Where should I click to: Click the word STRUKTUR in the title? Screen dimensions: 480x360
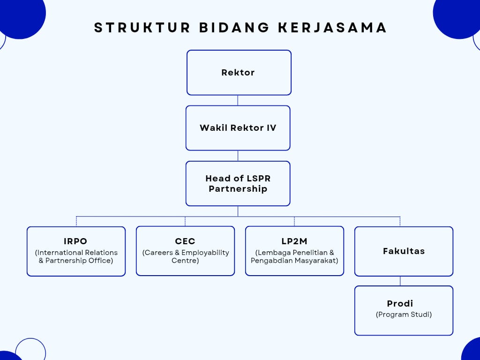pyautogui.click(x=142, y=28)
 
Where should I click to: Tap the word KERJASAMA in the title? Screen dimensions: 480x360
pyautogui.click(x=332, y=28)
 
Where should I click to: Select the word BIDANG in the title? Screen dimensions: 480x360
pyautogui.click(x=234, y=28)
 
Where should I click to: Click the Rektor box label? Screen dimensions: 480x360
pyautogui.click(x=238, y=73)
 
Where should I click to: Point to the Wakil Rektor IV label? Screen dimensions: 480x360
pyautogui.click(x=238, y=127)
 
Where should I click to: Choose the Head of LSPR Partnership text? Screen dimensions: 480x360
pyautogui.click(x=238, y=183)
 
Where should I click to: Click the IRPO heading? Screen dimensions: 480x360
pyautogui.click(x=75, y=241)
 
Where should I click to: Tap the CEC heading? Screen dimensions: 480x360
pyautogui.click(x=185, y=241)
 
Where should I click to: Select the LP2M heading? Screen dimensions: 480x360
pyautogui.click(x=294, y=241)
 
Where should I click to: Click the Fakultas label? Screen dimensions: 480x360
pyautogui.click(x=404, y=251)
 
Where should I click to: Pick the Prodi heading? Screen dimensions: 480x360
pyautogui.click(x=400, y=303)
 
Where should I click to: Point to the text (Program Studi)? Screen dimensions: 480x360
pyautogui.click(x=404, y=315)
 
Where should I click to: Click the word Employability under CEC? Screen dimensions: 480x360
pyautogui.click(x=205, y=253)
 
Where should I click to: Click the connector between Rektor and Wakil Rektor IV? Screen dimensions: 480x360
pyautogui.click(x=238, y=100)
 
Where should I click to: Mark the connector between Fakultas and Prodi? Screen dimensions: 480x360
pyautogui.click(x=400, y=281)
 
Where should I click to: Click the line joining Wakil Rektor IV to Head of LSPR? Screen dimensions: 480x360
pyautogui.click(x=238, y=156)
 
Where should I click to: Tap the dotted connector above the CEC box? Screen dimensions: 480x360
pyautogui.click(x=185, y=221)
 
